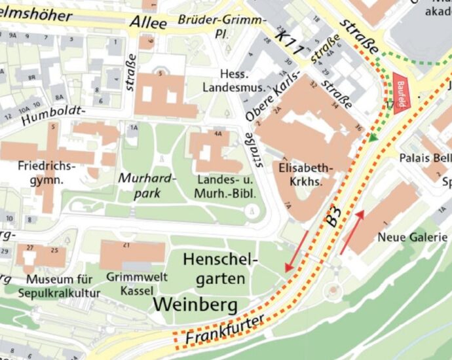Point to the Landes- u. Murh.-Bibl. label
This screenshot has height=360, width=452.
coord(224,187)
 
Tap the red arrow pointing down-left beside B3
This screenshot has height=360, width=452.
coord(295,251)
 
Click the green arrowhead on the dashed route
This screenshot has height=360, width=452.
coord(373,137)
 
